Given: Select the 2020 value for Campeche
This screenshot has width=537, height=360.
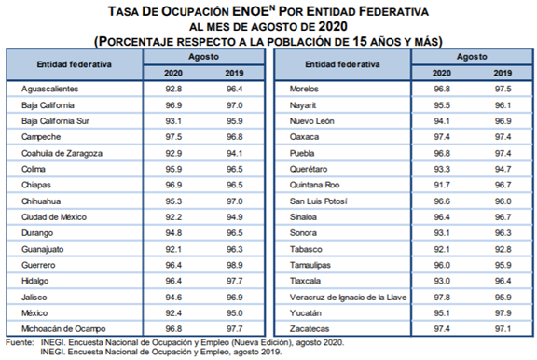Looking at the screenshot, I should point(173,136).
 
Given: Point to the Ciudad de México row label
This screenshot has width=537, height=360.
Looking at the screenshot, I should point(52,216).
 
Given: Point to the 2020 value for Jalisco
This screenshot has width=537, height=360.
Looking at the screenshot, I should point(173,297).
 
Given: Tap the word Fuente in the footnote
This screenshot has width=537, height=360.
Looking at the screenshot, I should point(19,344).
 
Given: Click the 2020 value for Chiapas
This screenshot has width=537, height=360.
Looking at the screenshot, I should point(173,185).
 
